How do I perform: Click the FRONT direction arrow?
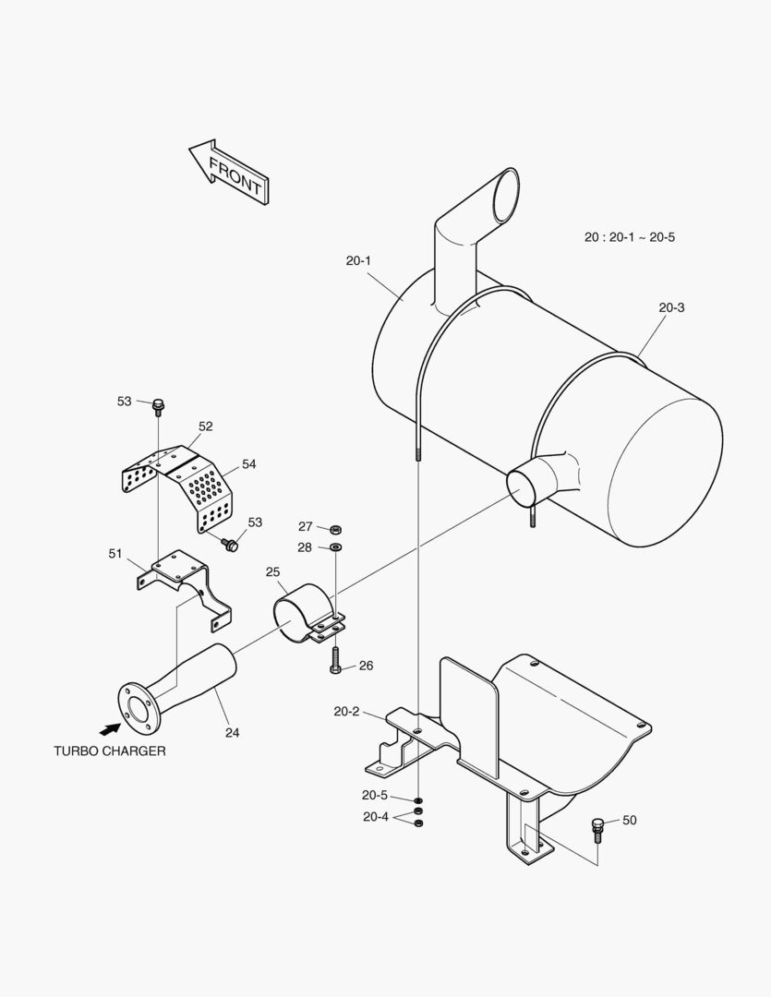(x=228, y=171)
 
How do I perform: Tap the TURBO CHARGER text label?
(x=110, y=751)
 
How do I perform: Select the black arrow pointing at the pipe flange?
(x=111, y=703)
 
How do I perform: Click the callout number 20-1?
(x=358, y=260)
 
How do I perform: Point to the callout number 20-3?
(x=671, y=307)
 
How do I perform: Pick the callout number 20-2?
(x=346, y=711)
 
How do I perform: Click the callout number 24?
(x=232, y=733)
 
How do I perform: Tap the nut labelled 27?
(x=336, y=529)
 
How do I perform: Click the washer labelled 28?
(x=336, y=548)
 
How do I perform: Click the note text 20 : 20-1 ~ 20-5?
(x=630, y=237)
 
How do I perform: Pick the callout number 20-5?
(x=375, y=795)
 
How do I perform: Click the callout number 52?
(x=205, y=426)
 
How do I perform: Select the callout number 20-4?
(x=375, y=816)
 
